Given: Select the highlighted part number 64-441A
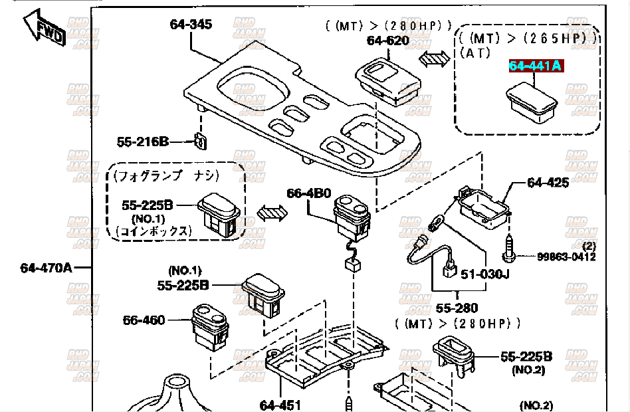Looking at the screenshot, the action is tap(536, 66).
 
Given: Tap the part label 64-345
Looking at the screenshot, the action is tap(191, 24).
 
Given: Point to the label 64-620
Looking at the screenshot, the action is tap(387, 40).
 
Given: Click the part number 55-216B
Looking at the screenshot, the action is tap(143, 142).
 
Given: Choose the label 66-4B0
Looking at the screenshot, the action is tap(308, 193).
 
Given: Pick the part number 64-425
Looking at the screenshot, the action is tap(548, 183).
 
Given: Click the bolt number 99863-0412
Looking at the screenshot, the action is tap(566, 257).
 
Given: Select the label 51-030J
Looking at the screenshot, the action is tap(485, 274).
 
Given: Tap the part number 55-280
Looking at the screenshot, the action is tap(457, 308).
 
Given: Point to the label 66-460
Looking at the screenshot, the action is tap(144, 320).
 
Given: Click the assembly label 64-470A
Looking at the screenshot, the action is tap(47, 268).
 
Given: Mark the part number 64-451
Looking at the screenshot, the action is tap(280, 405).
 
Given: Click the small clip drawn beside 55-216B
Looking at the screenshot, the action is tap(201, 142).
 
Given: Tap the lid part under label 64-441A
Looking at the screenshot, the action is tap(532, 103).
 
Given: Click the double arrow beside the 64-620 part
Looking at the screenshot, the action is tap(434, 58).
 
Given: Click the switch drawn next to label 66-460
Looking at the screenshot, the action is tap(210, 327).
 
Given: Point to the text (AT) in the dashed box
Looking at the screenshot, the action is tap(474, 52).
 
